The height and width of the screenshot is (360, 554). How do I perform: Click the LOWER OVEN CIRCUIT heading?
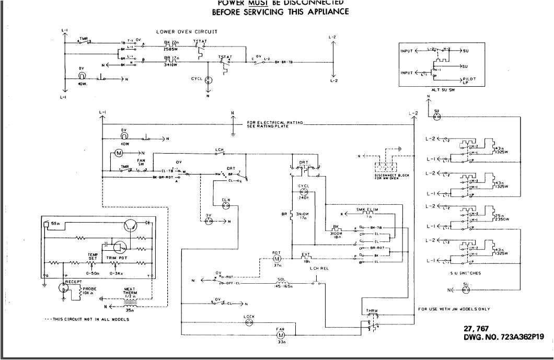click(187, 32)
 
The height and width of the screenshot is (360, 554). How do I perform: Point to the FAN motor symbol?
click(281, 334)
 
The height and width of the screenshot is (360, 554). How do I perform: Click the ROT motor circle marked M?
click(276, 259)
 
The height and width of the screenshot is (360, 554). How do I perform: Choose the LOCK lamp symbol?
click(249, 323)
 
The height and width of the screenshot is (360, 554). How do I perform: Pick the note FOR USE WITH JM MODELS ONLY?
click(455, 309)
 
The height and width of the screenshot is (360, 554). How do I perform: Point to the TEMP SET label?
click(93, 256)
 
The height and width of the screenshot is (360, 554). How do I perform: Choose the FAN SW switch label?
click(141, 162)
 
